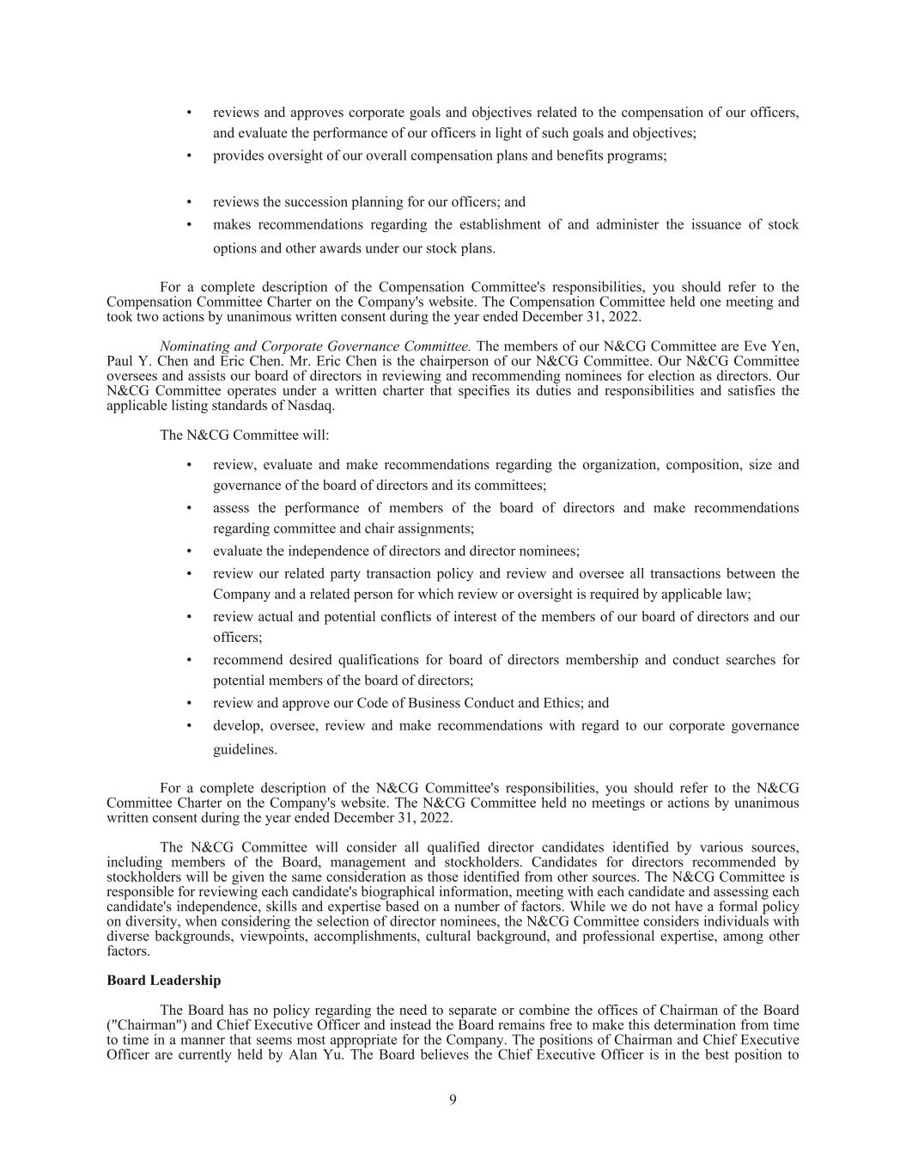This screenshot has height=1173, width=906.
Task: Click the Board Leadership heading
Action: tap(163, 981)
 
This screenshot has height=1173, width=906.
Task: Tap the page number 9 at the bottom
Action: tap(453, 1100)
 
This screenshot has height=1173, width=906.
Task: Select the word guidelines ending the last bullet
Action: tap(245, 749)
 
